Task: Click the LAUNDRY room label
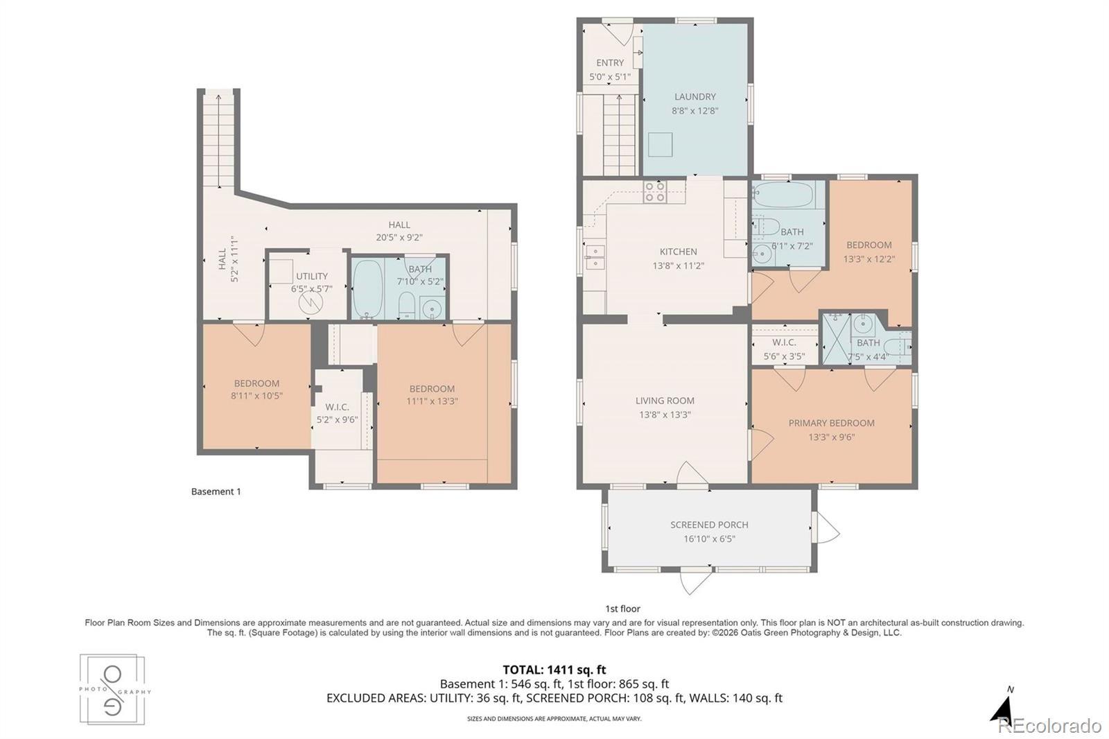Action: pyautogui.click(x=695, y=96)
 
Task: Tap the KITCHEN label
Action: pyautogui.click(x=678, y=252)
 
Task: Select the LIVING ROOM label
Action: pyautogui.click(x=665, y=401)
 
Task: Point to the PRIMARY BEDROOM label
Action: pyautogui.click(x=831, y=423)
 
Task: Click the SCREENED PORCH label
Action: pyautogui.click(x=710, y=525)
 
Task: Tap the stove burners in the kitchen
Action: pyautogui.click(x=654, y=192)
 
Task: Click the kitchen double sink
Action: pyautogui.click(x=594, y=257)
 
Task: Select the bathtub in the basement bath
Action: pyautogui.click(x=367, y=289)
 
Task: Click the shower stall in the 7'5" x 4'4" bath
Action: pyautogui.click(x=837, y=339)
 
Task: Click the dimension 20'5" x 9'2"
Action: pyautogui.click(x=399, y=237)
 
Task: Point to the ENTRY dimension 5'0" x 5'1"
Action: pyautogui.click(x=610, y=77)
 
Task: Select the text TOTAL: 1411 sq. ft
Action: pyautogui.click(x=554, y=670)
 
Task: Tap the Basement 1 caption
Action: pyautogui.click(x=216, y=492)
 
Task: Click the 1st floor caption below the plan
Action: pyautogui.click(x=623, y=609)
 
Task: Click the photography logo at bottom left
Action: pyautogui.click(x=113, y=690)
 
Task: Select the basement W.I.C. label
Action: pyautogui.click(x=337, y=407)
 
